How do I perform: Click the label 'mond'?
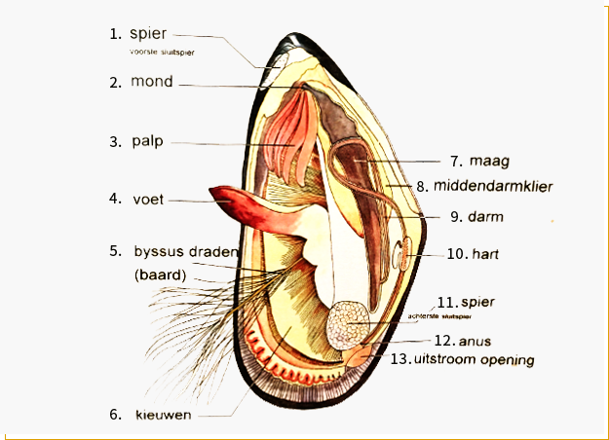[152, 82]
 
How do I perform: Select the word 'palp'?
[147, 141]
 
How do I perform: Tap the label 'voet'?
[148, 200]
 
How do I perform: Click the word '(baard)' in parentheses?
[160, 275]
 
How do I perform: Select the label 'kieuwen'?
[163, 415]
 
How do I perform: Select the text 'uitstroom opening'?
[473, 359]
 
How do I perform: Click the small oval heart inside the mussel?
[402, 255]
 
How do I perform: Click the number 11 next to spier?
[446, 301]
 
